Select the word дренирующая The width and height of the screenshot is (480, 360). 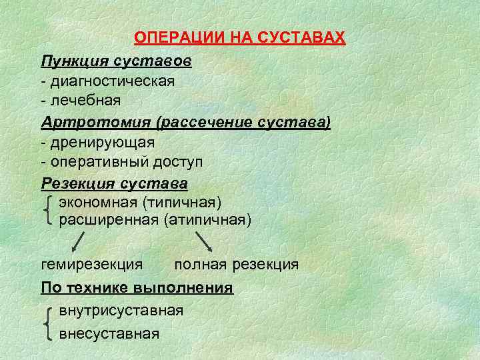pyautogui.click(x=101, y=142)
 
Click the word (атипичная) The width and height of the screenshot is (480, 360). pyautogui.click(x=207, y=219)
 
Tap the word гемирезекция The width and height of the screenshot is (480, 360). pyautogui.click(x=91, y=265)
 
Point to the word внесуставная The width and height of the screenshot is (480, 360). pyautogui.click(x=109, y=333)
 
